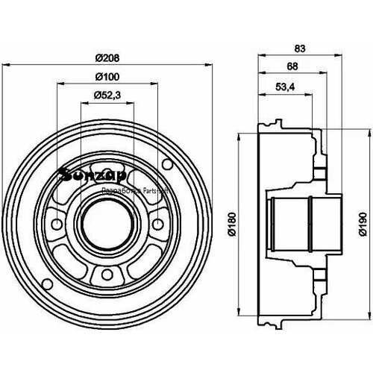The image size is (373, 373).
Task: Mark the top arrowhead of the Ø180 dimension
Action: [239, 137]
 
